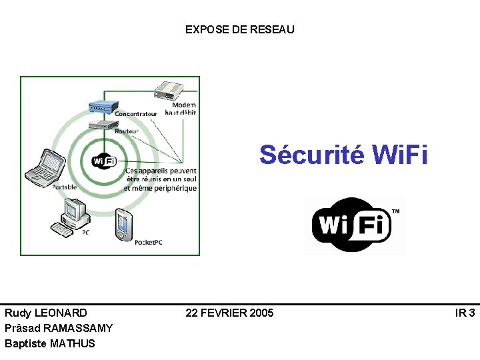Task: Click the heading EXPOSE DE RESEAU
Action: (239, 29)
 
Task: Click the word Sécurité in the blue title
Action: (312, 155)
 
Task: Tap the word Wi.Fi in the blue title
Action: (400, 155)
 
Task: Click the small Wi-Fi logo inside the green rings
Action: (103, 161)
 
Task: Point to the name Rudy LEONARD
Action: (45, 313)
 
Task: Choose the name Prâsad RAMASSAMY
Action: (59, 328)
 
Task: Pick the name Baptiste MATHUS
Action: (50, 343)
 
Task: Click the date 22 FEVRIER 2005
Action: (229, 313)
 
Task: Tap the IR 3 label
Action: (465, 313)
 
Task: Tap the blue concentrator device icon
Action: (103, 105)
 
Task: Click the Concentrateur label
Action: (136, 114)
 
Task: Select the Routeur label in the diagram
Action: (127, 131)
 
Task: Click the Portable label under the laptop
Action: (65, 187)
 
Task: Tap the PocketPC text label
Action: (148, 242)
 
